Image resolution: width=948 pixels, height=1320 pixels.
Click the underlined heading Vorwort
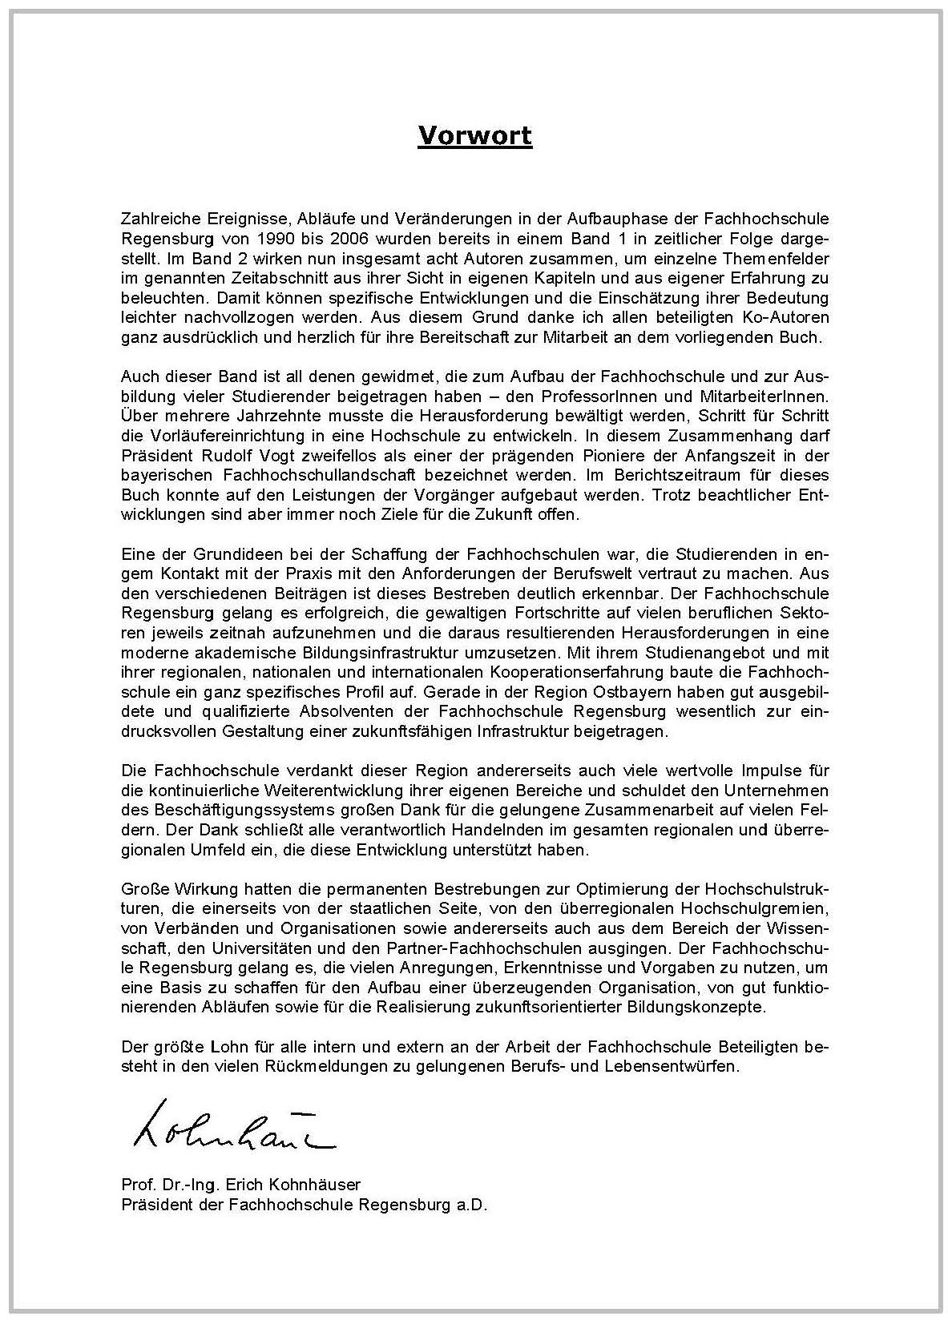point(474,135)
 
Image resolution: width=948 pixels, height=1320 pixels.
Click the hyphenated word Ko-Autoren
point(783,317)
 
